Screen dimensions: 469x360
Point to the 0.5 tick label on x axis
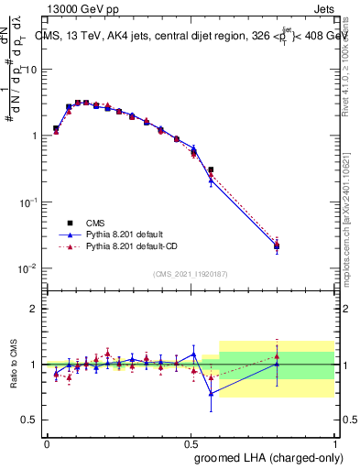click(x=191, y=443)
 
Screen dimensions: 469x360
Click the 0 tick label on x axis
click(x=47, y=443)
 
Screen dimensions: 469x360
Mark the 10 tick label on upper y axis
click(x=29, y=70)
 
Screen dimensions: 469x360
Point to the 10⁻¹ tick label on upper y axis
click(x=27, y=202)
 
